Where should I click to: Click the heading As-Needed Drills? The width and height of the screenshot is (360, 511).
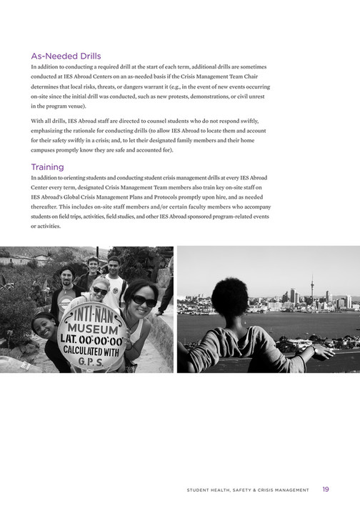pos(66,55)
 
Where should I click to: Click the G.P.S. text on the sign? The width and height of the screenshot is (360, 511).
pos(95,363)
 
